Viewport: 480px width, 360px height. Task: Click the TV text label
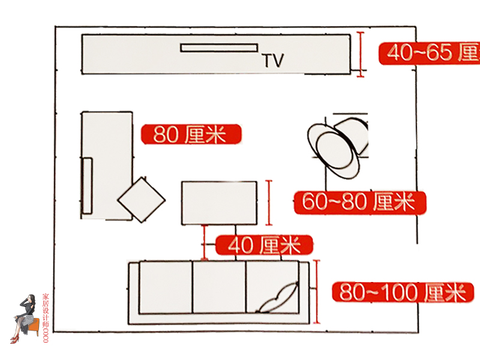coord(273,59)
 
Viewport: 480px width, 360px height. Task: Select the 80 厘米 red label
coord(191,134)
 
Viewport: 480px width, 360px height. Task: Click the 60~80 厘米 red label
coord(359,202)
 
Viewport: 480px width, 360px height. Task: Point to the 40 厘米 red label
coord(264,245)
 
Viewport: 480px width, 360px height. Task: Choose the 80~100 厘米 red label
coord(403,293)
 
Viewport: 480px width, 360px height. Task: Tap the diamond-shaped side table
coord(142,200)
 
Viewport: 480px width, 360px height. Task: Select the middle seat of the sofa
coord(219,287)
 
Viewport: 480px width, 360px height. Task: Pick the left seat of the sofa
coord(166,287)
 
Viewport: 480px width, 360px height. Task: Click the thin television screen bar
coord(219,47)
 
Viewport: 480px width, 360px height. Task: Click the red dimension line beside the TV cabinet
coord(361,54)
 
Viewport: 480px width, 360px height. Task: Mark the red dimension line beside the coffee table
coord(269,202)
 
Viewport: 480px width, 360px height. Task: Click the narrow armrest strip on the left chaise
coord(88,185)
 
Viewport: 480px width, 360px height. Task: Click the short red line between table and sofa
coord(205,242)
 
